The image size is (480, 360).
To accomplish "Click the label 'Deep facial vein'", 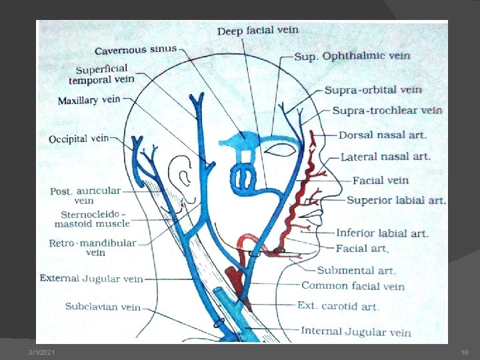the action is pos(257,30).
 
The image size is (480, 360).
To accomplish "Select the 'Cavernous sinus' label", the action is pos(135,49).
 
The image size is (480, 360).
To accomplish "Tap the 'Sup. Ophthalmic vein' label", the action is pos(352,56).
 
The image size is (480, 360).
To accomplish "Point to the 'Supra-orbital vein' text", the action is pos(373,89).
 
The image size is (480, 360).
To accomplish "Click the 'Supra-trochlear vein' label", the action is pos(387,110).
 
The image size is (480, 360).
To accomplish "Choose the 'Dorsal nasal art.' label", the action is pos(382,135).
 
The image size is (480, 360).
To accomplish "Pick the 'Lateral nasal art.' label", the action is pos(385,157).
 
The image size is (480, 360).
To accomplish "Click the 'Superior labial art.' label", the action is pos(396,200).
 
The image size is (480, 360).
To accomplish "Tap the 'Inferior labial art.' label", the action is pos(382,233).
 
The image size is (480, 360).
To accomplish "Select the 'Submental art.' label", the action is pos(356,270).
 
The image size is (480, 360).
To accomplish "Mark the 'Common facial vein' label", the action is pos(353,286).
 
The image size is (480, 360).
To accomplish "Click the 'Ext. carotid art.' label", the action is pos(338,307).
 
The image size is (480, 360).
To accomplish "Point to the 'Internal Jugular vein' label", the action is pos(356,331).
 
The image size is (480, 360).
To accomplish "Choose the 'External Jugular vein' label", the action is pos(91,279).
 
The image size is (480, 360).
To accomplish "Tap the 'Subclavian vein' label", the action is pos(103,307).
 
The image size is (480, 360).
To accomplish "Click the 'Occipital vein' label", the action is pos(78,139).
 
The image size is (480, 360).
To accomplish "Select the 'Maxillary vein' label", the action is pos(89,101).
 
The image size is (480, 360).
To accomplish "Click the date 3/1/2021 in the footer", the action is pos(42,352).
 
